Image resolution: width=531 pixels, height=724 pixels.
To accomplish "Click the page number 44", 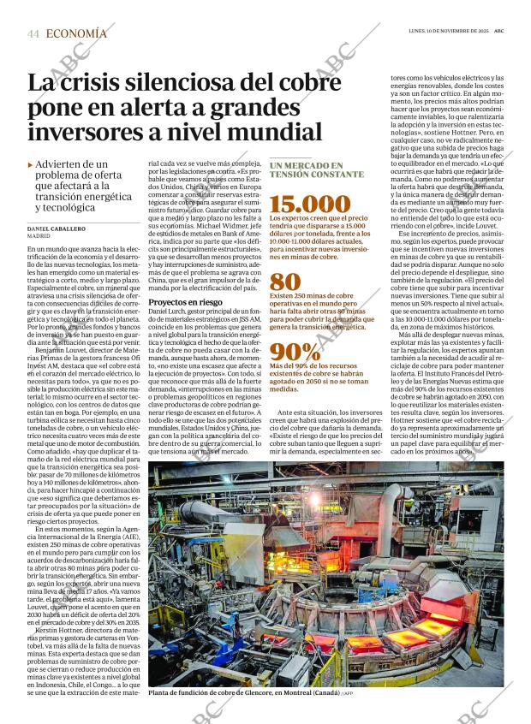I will [x=33, y=33].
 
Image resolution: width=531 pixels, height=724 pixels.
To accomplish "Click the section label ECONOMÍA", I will [x=77, y=33].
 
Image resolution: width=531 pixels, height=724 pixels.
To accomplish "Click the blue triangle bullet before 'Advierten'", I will [x=31, y=164].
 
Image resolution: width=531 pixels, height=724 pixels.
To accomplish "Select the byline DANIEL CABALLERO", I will [x=56, y=229].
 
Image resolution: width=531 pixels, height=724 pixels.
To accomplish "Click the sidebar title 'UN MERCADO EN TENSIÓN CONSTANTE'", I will [x=306, y=169].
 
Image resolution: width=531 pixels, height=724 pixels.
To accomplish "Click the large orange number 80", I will [x=285, y=282].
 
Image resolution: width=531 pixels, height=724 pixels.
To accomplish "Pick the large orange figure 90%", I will [x=295, y=352].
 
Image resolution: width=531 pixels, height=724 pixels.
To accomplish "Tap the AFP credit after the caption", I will [x=347, y=694].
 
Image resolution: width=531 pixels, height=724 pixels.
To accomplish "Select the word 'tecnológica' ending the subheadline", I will [x=71, y=207].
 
